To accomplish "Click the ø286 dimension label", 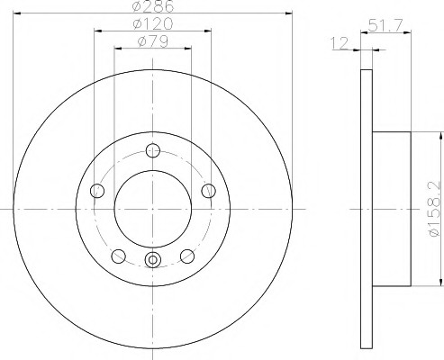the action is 153,6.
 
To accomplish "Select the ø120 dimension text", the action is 153,23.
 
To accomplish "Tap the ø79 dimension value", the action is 153,41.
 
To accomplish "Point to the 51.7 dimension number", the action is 385,25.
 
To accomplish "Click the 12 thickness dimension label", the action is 340,43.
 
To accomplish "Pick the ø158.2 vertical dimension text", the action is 435,210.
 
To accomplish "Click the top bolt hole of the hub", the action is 153,150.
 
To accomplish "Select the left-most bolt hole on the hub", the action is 97,191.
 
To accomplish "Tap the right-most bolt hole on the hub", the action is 208,191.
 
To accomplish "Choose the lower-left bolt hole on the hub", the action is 118,256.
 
